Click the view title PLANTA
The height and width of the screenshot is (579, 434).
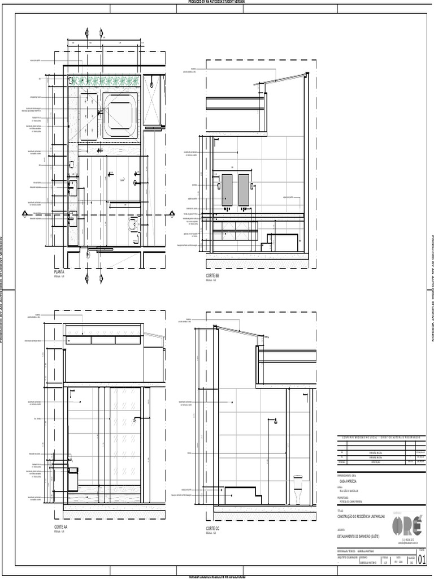tap(59, 272)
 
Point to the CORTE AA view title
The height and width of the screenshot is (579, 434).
tap(61, 527)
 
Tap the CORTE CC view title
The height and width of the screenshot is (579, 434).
tap(213, 528)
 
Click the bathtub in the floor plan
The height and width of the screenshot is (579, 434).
tap(120, 115)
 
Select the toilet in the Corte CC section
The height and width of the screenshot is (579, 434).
tap(298, 489)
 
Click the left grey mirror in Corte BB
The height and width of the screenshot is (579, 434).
tap(227, 189)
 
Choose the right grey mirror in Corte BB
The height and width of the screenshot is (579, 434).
tap(244, 189)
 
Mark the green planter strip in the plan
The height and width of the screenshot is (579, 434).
tap(104, 81)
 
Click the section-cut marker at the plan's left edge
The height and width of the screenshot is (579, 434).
tap(24, 214)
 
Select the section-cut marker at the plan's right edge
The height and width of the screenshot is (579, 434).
tap(171, 214)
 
